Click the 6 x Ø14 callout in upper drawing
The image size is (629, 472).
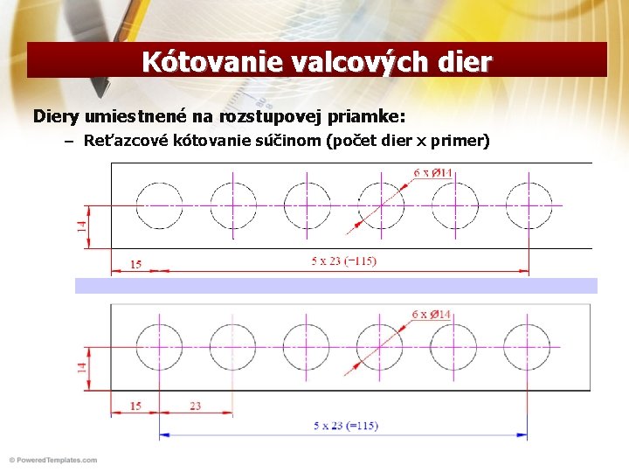pos(432,173)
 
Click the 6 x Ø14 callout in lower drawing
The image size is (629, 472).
pos(432,314)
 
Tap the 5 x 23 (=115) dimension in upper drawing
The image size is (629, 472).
pos(344,260)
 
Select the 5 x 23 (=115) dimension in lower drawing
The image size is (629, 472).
pos(346,426)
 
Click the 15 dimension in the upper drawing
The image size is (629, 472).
pos(135,263)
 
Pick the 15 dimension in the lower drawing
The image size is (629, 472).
pos(135,406)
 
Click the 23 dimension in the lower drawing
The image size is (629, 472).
pos(195,406)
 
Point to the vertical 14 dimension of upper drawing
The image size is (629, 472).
pos(81,226)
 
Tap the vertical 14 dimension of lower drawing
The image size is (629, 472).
pos(81,368)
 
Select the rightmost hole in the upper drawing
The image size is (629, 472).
pos(529,205)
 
